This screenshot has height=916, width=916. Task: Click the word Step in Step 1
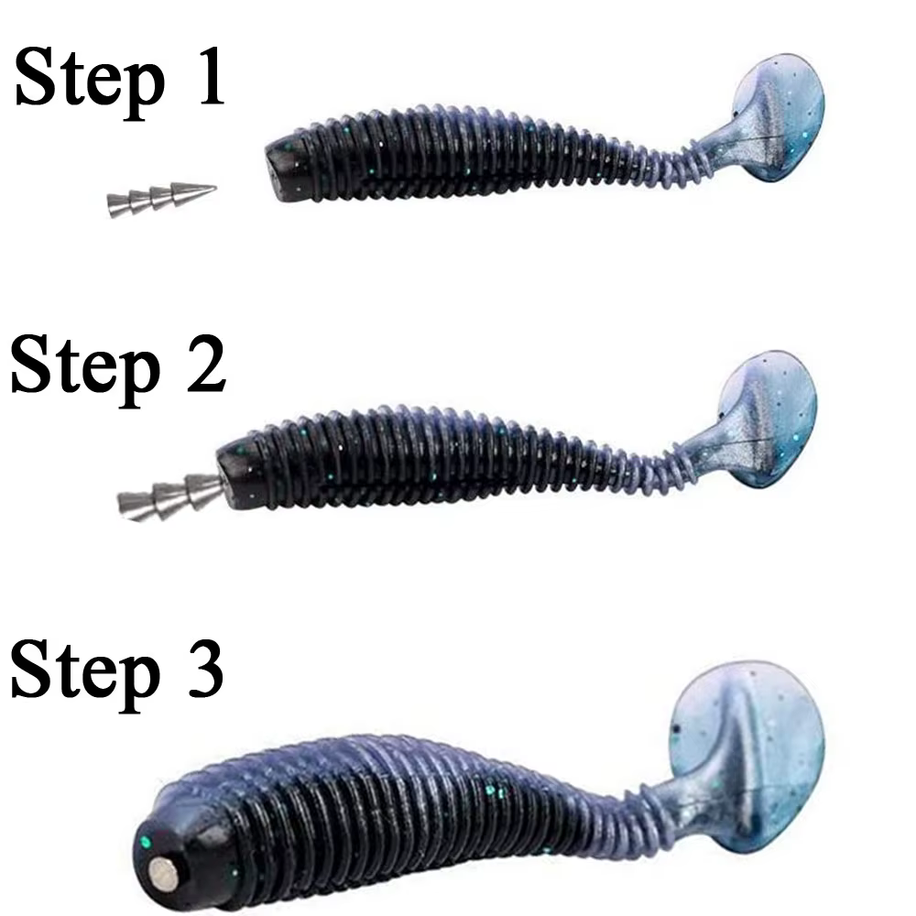click(x=87, y=81)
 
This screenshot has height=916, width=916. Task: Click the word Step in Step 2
click(x=84, y=366)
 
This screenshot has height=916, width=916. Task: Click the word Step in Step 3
click(x=84, y=671)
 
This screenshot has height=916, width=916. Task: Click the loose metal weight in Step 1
click(x=160, y=199)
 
